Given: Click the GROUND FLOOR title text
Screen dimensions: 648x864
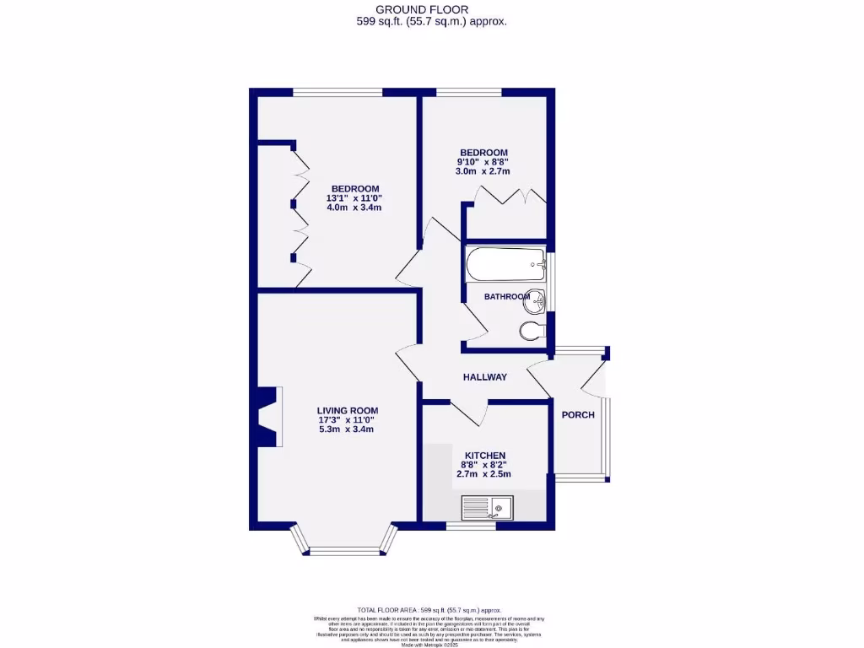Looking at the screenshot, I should pos(431,9).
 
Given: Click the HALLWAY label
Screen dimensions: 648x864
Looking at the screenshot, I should pos(484,377).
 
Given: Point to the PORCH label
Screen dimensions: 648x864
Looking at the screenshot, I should pos(578,414).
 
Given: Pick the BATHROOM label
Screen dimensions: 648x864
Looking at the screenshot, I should pos(507,297).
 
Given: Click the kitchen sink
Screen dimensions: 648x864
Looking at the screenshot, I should pos(489,508).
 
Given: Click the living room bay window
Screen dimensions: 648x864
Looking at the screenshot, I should pos(342,548).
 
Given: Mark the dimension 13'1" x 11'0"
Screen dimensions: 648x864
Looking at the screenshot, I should pos(354,198).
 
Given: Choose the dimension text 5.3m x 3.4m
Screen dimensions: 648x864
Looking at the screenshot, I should pos(346,429).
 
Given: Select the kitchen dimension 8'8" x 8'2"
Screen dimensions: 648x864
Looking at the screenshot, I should pos(483,464).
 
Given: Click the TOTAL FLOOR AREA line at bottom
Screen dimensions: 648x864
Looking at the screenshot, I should pos(430,609).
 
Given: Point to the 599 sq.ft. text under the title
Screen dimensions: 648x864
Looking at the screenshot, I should pos(431,22).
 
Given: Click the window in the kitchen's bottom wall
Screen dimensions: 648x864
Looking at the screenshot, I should pos(471,526).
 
